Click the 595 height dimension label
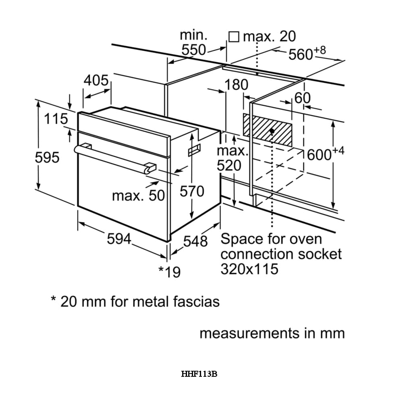coord(47,158)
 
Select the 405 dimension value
coord(96,81)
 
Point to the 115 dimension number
coord(56,119)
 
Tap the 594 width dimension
coord(119,239)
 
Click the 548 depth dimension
coord(195,241)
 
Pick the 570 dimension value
coord(192,191)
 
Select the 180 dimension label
coord(236,85)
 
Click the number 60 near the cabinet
coord(303,98)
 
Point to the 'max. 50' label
coord(139,196)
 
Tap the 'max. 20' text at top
coord(269,37)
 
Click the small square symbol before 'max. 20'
coord(234,37)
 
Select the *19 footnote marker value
coord(169,272)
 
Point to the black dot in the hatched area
coord(272,131)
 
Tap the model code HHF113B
coord(199,374)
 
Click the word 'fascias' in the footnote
coord(195,301)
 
